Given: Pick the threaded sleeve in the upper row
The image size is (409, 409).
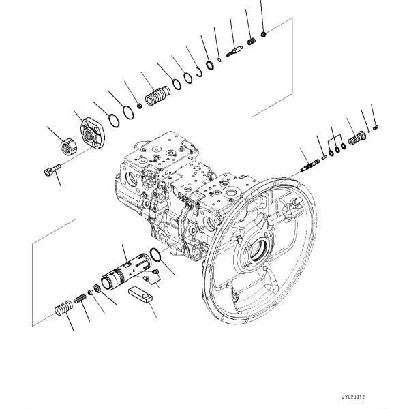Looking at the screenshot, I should click(156, 93).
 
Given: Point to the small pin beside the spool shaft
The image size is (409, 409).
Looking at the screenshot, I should click(322, 157).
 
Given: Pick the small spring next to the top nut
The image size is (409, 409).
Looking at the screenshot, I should click(252, 43).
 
